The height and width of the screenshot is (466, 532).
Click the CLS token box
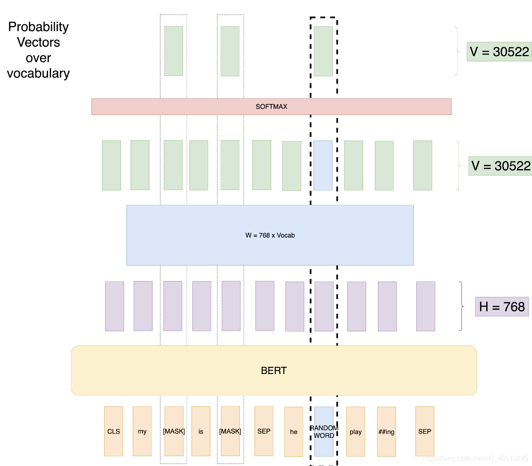coord(114,431)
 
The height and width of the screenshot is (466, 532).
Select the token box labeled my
coord(142,431)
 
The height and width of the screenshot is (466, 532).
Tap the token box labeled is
coord(201,431)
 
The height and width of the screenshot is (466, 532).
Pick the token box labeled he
coord(294,431)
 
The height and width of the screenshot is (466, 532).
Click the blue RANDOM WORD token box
coord(324,431)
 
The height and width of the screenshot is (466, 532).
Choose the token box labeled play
coord(356,431)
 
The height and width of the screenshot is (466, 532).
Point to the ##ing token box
coord(386,431)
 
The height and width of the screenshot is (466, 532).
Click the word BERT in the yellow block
coord(274,371)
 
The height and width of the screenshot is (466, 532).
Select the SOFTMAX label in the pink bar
coord(272,106)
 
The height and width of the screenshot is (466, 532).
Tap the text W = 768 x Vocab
coord(270,235)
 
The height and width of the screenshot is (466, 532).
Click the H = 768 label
coord(502,307)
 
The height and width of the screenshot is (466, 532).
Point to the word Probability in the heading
coord(38,27)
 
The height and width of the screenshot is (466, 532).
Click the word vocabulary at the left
coord(38,73)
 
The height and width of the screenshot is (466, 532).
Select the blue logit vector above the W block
coord(323,165)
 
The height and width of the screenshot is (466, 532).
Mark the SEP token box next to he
coord(264,431)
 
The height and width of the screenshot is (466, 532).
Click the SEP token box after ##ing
coord(425,431)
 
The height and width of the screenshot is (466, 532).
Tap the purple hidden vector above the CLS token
coord(114,306)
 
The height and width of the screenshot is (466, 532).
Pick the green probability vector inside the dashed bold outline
coord(323,51)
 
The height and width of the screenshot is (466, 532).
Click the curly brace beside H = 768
coord(461,306)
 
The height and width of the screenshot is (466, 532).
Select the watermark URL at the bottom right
coord(475,458)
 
